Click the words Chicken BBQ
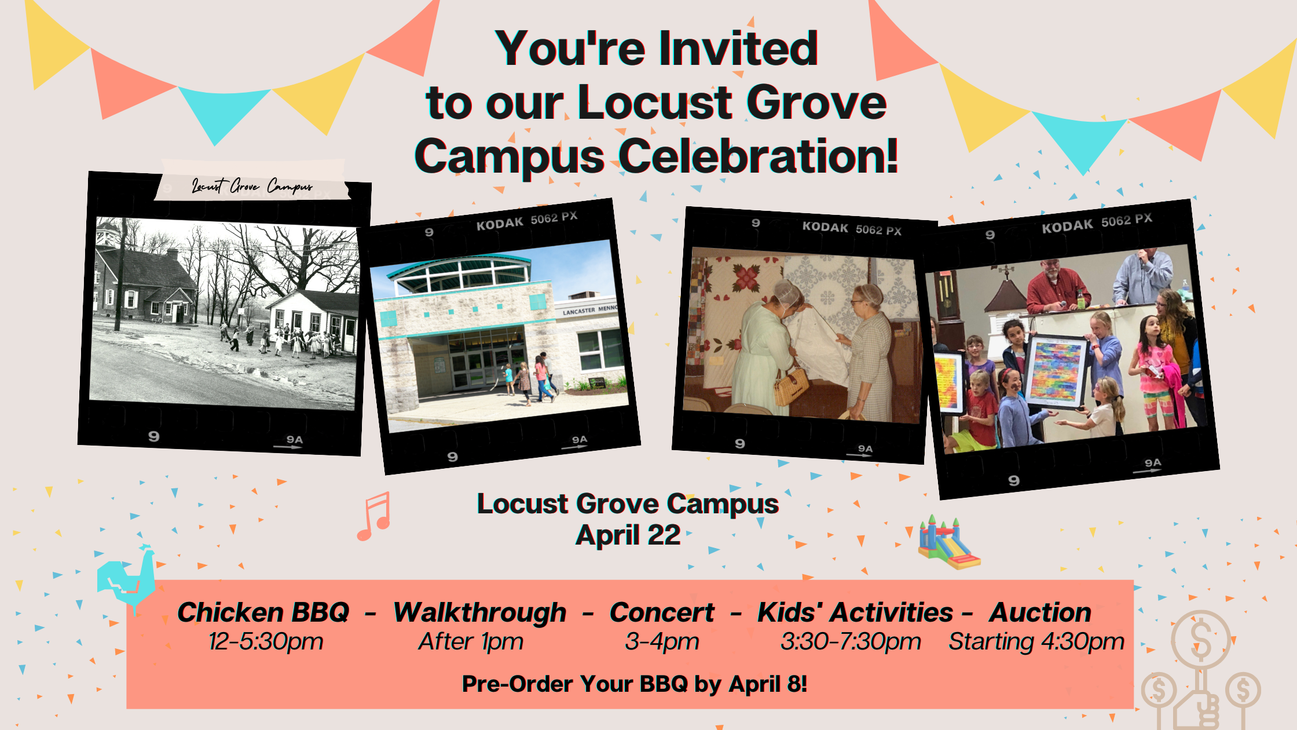tap(263, 612)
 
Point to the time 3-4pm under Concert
tap(662, 642)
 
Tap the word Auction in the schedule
tap(1040, 612)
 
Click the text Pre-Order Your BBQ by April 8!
tap(635, 684)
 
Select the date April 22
tap(628, 535)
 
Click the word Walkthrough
tap(479, 612)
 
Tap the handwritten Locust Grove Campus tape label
tap(252, 185)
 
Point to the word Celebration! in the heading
tap(759, 156)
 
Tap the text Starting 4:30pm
tap(1036, 642)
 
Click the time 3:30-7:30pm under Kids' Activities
tap(851, 642)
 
